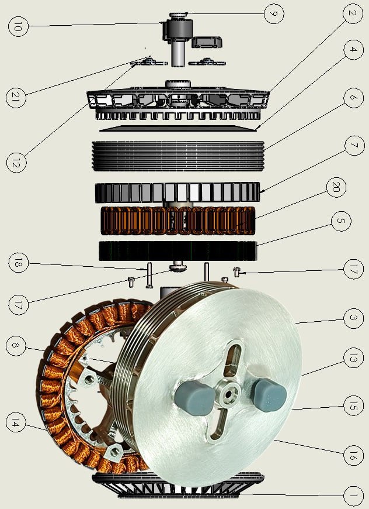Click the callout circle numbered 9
pos(274,13)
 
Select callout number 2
pos(353,13)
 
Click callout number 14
pos(16,422)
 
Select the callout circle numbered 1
pos(353,496)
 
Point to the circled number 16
pos(353,455)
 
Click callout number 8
pos(16,345)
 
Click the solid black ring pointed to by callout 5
pos(178,251)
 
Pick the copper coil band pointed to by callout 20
pos(178,221)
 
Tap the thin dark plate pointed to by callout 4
pos(178,128)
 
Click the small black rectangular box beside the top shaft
pos(206,42)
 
